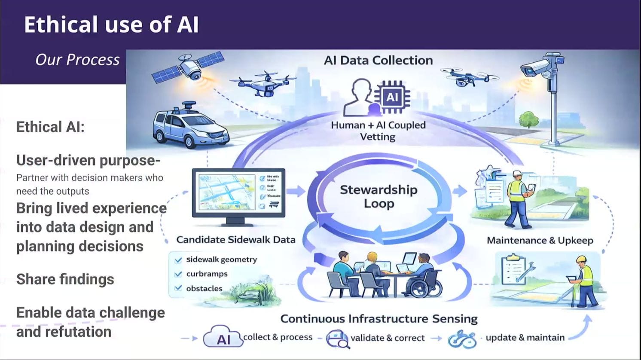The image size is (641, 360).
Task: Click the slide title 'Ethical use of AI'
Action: pyautogui.click(x=111, y=24)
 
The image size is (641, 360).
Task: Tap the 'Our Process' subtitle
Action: pyautogui.click(x=77, y=60)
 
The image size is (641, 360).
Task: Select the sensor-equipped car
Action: pyautogui.click(x=189, y=127)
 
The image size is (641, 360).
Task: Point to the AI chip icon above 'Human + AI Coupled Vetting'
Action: pyautogui.click(x=392, y=97)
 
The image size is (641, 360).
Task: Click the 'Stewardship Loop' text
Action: pyautogui.click(x=378, y=196)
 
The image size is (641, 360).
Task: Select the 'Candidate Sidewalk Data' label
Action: pyautogui.click(x=236, y=240)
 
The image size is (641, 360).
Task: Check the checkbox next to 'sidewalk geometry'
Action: pyautogui.click(x=178, y=260)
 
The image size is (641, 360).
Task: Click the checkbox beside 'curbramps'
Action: pyautogui.click(x=178, y=274)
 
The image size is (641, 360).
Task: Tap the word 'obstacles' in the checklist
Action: pyautogui.click(x=204, y=289)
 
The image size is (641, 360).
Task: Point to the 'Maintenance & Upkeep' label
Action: pyautogui.click(x=540, y=241)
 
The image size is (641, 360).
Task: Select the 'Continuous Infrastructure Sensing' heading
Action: pyautogui.click(x=379, y=319)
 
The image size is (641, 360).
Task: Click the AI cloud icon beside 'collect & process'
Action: pyautogui.click(x=223, y=337)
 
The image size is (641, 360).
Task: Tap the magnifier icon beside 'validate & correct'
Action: pyautogui.click(x=337, y=339)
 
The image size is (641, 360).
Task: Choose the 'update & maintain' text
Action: pyautogui.click(x=525, y=338)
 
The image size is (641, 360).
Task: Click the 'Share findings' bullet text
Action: pyautogui.click(x=65, y=279)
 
